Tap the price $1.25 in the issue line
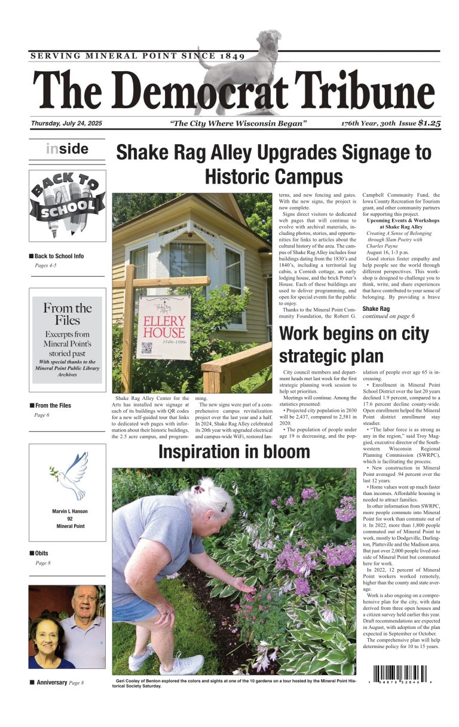[x=429, y=123]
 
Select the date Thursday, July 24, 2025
[x=66, y=123]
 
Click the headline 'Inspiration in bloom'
[x=234, y=453]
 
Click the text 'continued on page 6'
[x=388, y=316]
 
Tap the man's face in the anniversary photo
[x=85, y=607]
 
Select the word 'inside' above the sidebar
[x=67, y=149]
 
